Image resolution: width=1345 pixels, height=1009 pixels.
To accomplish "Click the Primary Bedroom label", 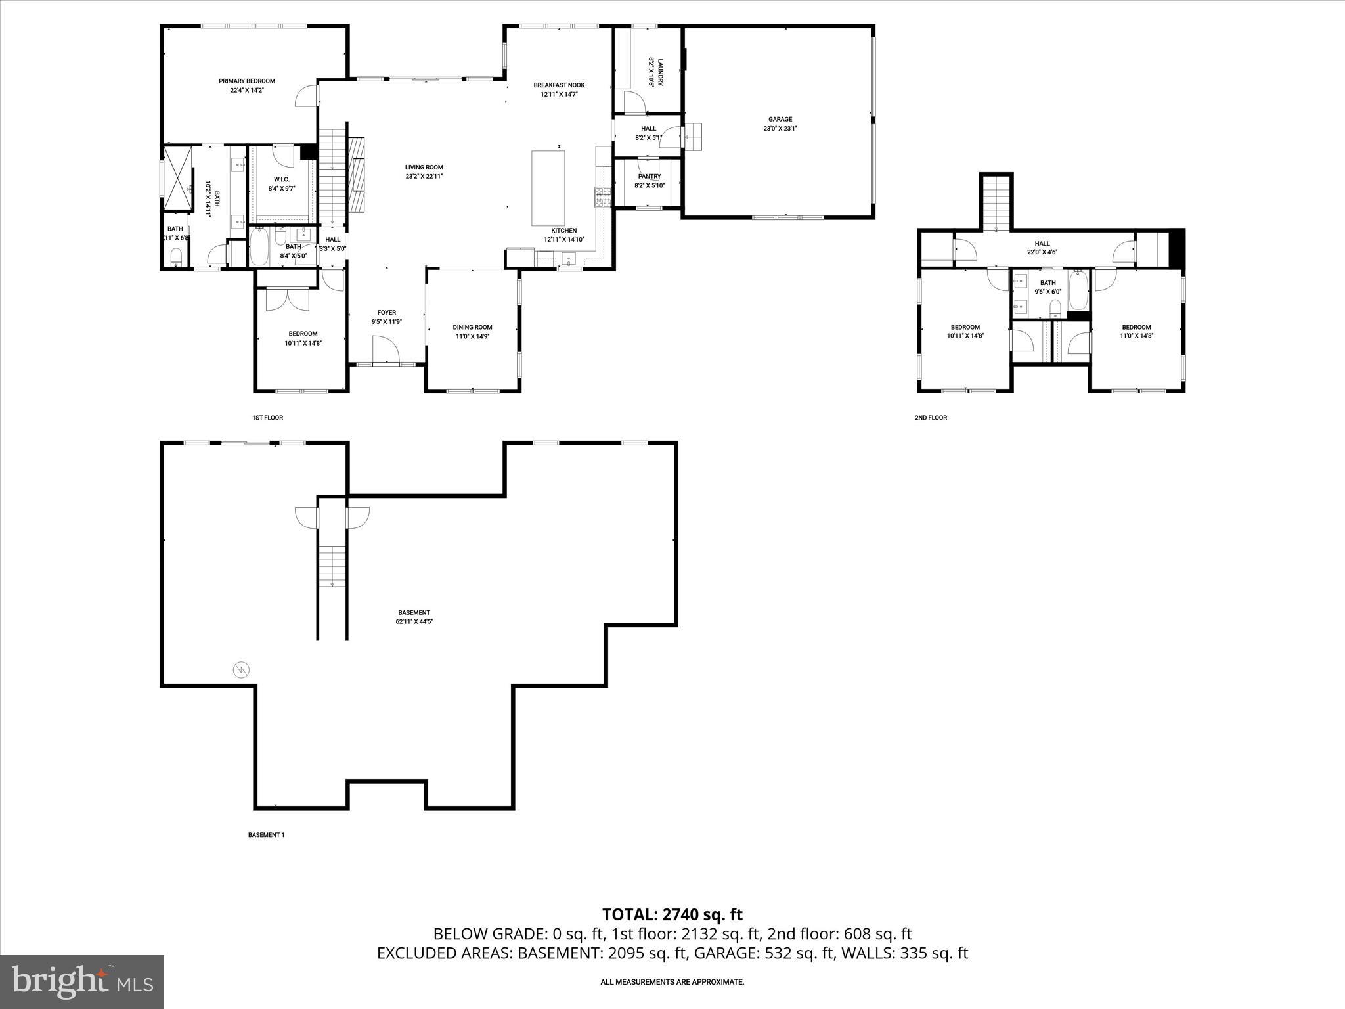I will pyautogui.click(x=247, y=81).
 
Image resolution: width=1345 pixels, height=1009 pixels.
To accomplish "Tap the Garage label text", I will pyautogui.click(x=780, y=120).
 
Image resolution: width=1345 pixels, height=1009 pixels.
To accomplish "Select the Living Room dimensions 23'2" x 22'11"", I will pyautogui.click(x=424, y=176).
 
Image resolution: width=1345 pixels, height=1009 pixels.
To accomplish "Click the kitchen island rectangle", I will pyautogui.click(x=548, y=188).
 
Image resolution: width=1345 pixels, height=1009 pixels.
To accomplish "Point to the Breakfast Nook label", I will pyautogui.click(x=559, y=85).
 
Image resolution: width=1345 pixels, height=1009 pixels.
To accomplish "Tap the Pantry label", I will pyautogui.click(x=649, y=177).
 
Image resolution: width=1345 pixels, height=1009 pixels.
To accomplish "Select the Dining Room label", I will pyautogui.click(x=472, y=327).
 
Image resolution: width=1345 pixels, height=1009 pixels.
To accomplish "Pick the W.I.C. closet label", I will pyautogui.click(x=282, y=179).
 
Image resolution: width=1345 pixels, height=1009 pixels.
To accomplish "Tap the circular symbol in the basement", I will pyautogui.click(x=242, y=670).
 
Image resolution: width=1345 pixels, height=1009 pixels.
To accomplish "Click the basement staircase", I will pyautogui.click(x=333, y=566).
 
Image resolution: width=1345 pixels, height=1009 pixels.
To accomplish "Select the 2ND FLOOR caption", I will pyautogui.click(x=931, y=418).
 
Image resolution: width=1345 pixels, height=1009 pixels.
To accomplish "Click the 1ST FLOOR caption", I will pyautogui.click(x=267, y=418).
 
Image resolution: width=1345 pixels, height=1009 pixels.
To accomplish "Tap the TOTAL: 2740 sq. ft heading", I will pyautogui.click(x=672, y=914).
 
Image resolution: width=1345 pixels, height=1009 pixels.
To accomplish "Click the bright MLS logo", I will pyautogui.click(x=82, y=981).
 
